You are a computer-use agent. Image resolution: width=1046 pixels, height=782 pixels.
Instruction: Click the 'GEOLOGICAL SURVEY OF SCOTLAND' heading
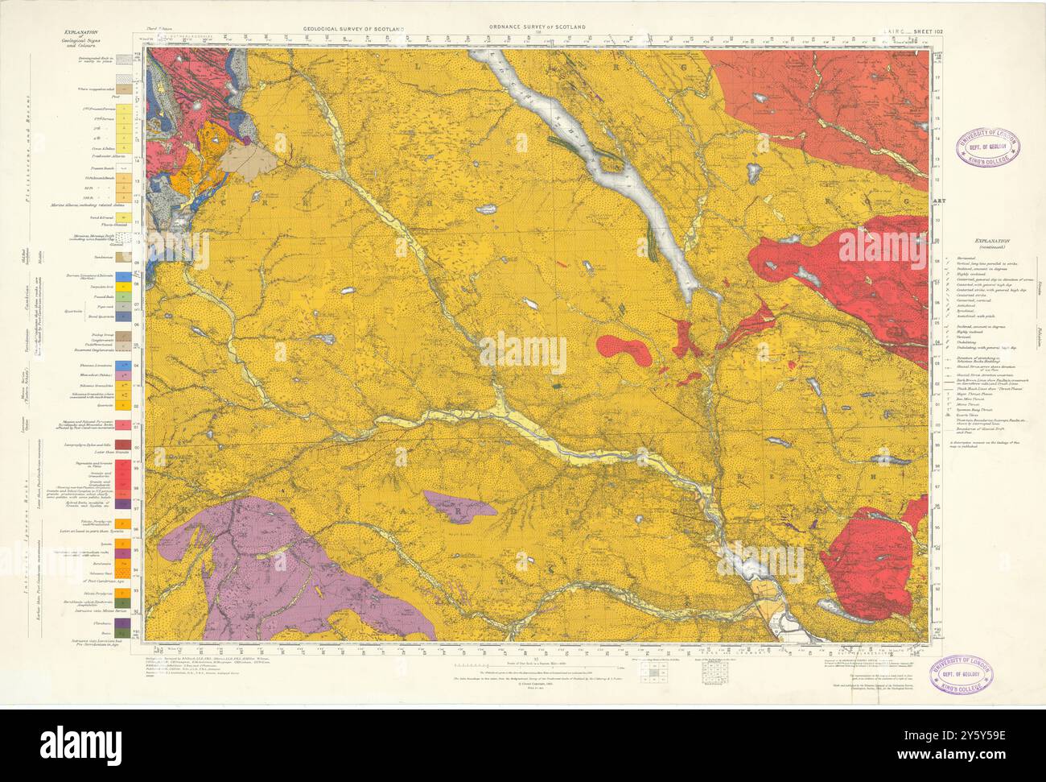click(x=353, y=28)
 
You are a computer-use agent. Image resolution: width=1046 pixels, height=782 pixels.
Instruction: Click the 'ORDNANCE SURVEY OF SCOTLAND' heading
click(x=537, y=27)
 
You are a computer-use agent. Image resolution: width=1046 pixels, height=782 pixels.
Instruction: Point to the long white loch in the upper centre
click(x=612, y=169)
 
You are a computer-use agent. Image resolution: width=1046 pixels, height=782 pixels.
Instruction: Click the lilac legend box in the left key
click(x=123, y=376)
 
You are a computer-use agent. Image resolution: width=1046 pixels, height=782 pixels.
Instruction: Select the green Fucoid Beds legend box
click(x=123, y=296)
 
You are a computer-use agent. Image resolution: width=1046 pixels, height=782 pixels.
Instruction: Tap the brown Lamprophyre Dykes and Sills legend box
click(x=123, y=445)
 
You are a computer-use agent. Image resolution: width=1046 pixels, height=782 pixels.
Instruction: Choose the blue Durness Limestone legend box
click(x=123, y=275)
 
